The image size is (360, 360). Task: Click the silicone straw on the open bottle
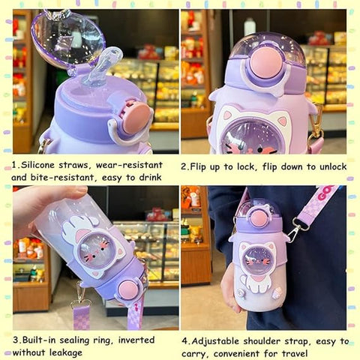pos(103,65)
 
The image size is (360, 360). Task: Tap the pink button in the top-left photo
pos(136,118)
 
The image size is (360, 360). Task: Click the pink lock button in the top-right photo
pos(267,62)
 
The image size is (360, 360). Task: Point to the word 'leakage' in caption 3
pos(66,352)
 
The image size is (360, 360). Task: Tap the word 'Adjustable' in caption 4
pos(215,341)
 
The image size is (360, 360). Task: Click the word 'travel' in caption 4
pos(295,354)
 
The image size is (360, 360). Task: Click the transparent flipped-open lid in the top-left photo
pos(67,37)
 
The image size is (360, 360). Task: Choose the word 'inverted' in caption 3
pos(136,340)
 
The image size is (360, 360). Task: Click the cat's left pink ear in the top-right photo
pos(227,115)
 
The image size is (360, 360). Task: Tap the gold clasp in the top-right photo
pos(317,126)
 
